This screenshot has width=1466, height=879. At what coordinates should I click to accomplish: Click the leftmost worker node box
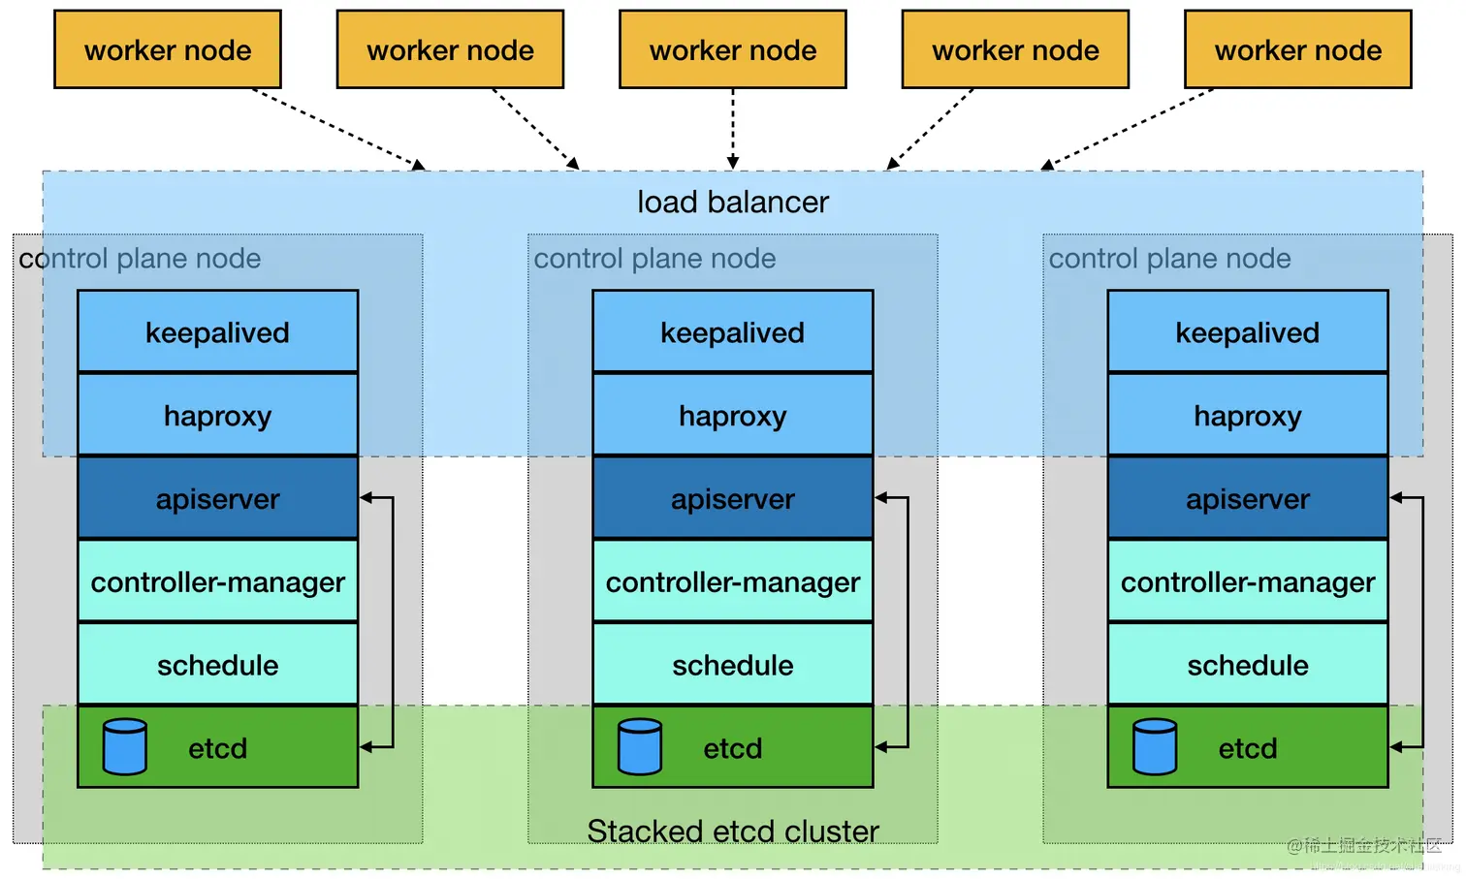pos(168,49)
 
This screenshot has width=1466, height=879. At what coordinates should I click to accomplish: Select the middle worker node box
pos(733,49)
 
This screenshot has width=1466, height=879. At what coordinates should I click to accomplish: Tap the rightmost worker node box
pos(1297,49)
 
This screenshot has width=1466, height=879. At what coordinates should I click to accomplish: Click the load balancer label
pos(733,202)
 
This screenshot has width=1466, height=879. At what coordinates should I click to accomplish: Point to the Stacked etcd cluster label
pos(733,831)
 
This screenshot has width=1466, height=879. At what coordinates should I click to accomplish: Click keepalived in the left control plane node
pos(217,331)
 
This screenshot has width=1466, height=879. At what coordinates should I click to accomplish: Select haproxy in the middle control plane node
pos(733,416)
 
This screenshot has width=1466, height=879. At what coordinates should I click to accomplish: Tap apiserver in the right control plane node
pos(1248,498)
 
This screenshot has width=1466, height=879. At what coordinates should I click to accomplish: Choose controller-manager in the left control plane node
pos(217,581)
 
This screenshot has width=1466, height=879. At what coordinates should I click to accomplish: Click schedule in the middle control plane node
pos(733,665)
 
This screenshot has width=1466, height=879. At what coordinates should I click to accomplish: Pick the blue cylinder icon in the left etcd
pos(125,746)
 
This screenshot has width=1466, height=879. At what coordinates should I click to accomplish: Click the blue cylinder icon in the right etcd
pos(1155,746)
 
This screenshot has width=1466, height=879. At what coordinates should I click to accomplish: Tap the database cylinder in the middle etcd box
pos(640,746)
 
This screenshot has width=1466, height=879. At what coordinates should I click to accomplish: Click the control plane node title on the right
pos(1169,259)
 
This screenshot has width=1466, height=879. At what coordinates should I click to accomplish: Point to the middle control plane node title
pos(654,259)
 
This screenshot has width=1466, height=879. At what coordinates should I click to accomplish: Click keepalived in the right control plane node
pos(1248,331)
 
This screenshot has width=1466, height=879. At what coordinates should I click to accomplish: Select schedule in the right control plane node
pos(1248,665)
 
